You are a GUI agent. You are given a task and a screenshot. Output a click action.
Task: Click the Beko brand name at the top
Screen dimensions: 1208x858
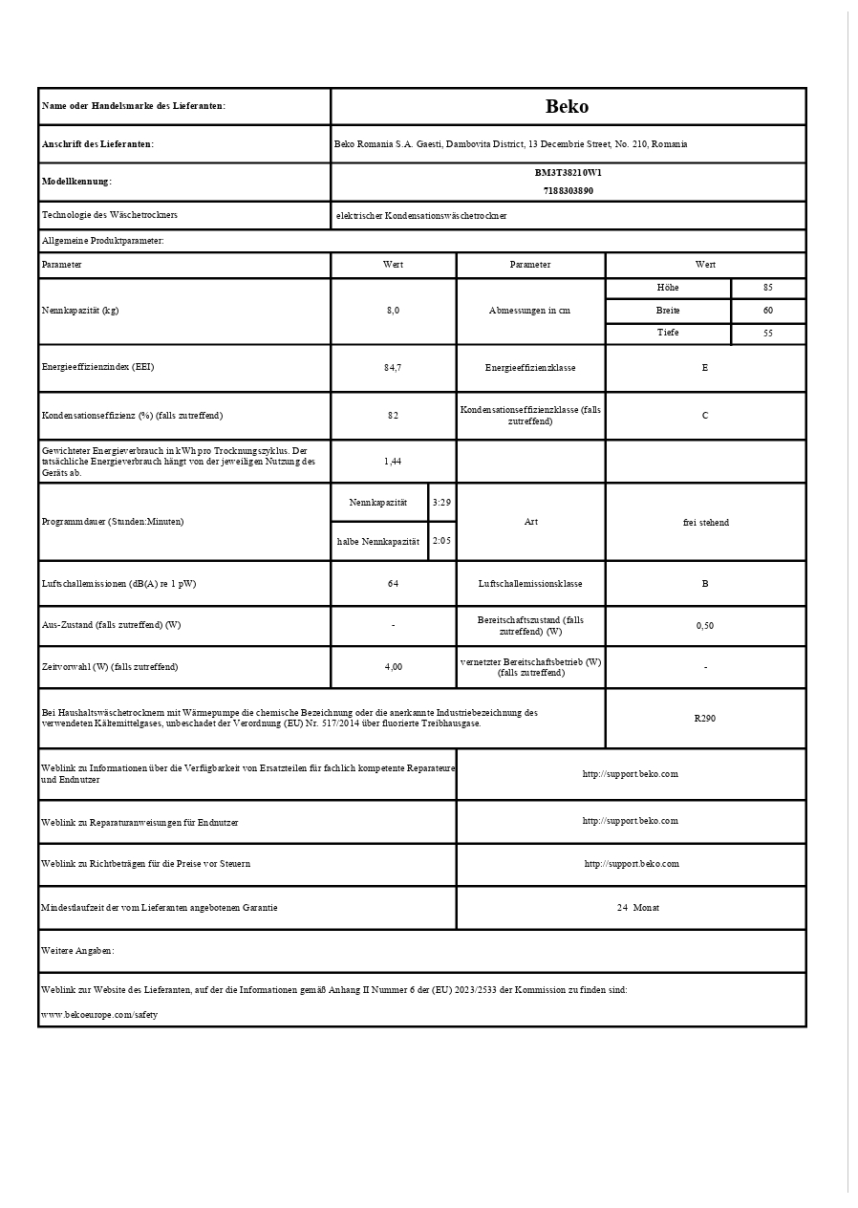click(568, 106)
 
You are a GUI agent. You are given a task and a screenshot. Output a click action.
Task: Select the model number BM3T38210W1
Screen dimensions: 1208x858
click(568, 173)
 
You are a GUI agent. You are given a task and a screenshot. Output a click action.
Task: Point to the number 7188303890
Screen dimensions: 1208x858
click(568, 190)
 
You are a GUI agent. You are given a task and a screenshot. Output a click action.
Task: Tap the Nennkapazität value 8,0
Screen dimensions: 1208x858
click(393, 311)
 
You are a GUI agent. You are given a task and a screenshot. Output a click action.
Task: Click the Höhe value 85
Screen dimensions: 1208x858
click(768, 288)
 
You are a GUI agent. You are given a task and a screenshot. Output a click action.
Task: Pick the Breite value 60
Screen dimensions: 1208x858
click(768, 311)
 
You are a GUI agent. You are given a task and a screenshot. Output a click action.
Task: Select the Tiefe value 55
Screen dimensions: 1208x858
click(768, 334)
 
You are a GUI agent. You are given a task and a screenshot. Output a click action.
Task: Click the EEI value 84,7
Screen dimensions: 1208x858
click(393, 368)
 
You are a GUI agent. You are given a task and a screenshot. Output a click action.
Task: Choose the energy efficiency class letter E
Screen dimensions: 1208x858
click(705, 368)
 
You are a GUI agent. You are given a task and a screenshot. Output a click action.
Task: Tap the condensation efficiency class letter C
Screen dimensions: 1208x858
click(705, 416)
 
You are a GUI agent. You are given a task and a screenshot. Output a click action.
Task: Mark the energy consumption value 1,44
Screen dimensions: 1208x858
click(393, 461)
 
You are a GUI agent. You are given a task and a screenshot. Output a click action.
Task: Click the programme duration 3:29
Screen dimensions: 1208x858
click(441, 502)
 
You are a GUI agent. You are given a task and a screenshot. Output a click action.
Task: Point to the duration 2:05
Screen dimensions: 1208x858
click(441, 541)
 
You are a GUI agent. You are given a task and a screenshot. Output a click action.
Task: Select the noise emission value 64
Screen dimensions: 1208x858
click(393, 583)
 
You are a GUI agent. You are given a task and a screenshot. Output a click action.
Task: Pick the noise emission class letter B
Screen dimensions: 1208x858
click(705, 583)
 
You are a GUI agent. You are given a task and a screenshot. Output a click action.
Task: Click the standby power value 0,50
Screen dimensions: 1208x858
click(705, 626)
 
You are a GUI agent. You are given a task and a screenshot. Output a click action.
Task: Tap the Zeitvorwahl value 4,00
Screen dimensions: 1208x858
click(393, 667)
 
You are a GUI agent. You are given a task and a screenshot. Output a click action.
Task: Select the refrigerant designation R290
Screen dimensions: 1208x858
click(705, 718)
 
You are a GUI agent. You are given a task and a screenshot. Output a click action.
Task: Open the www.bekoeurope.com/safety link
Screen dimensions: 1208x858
click(99, 1014)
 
